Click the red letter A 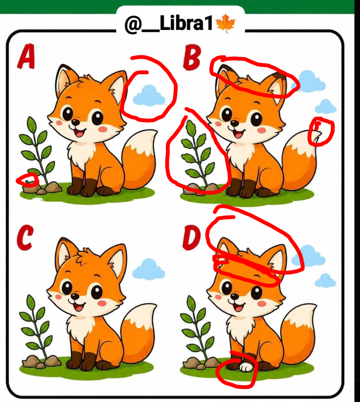[26, 56]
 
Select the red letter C [25, 238]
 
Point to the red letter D [191, 238]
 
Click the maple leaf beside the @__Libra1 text [226, 23]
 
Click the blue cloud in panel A [149, 95]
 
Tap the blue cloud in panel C [149, 269]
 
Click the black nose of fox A [75, 122]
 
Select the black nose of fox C [75, 296]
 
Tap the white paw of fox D [246, 367]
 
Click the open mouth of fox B [239, 134]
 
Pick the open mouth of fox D [239, 307]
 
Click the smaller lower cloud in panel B [326, 107]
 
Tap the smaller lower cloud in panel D [325, 280]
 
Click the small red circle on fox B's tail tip [321, 131]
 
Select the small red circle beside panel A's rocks [28, 180]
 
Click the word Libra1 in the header [186, 23]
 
